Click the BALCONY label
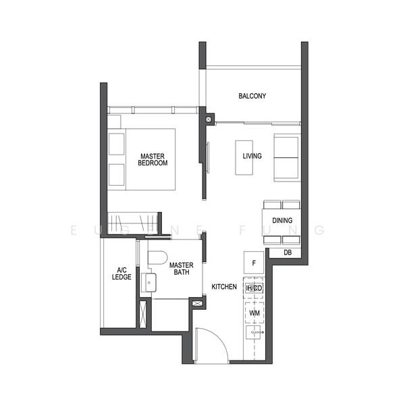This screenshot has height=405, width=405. [252, 96]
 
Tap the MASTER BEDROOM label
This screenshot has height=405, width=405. [153, 159]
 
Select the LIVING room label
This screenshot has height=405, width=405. [252, 156]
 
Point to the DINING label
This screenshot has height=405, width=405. [282, 220]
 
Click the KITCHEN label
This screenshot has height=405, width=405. [224, 287]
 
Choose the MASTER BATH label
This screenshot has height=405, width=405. [182, 269]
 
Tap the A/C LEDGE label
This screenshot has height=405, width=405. [122, 273]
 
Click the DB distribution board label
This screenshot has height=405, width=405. [288, 252]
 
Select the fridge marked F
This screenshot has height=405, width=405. [254, 263]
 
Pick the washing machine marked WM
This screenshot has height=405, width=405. [254, 313]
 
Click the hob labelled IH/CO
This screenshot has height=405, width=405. [254, 288]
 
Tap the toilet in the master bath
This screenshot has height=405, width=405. [157, 258]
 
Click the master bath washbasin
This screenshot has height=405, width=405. [149, 283]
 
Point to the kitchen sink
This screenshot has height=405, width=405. [253, 332]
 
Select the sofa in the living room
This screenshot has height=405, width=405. [288, 158]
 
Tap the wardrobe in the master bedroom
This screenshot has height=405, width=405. [133, 222]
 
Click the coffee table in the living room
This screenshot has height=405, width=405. [244, 158]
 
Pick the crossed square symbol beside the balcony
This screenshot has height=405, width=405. [209, 119]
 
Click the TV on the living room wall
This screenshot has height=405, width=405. [208, 157]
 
